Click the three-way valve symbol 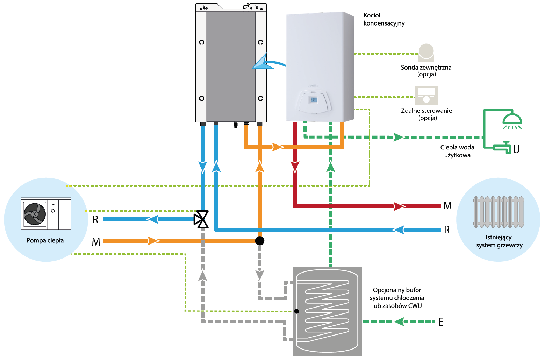click(x=201, y=219)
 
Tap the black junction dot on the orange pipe click(x=260, y=241)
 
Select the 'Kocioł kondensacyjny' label click(x=384, y=19)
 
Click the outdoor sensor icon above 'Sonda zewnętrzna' click(x=426, y=52)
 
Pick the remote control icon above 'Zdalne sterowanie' click(x=426, y=95)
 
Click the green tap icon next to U click(x=502, y=147)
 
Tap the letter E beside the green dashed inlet click(x=440, y=322)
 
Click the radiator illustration click(x=499, y=212)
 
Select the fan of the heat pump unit click(x=35, y=214)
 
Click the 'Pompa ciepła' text click(x=45, y=240)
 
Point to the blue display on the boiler click(x=314, y=100)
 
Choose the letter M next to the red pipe click(x=447, y=206)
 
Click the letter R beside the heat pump click(x=95, y=220)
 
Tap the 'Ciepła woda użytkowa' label click(x=457, y=151)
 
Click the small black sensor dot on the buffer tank click(x=296, y=311)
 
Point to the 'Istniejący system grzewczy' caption click(x=499, y=241)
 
